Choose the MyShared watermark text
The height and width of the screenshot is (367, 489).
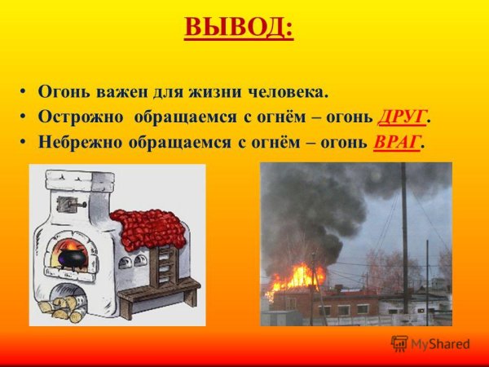(x=440, y=344)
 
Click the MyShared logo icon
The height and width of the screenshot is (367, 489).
(x=399, y=343)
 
